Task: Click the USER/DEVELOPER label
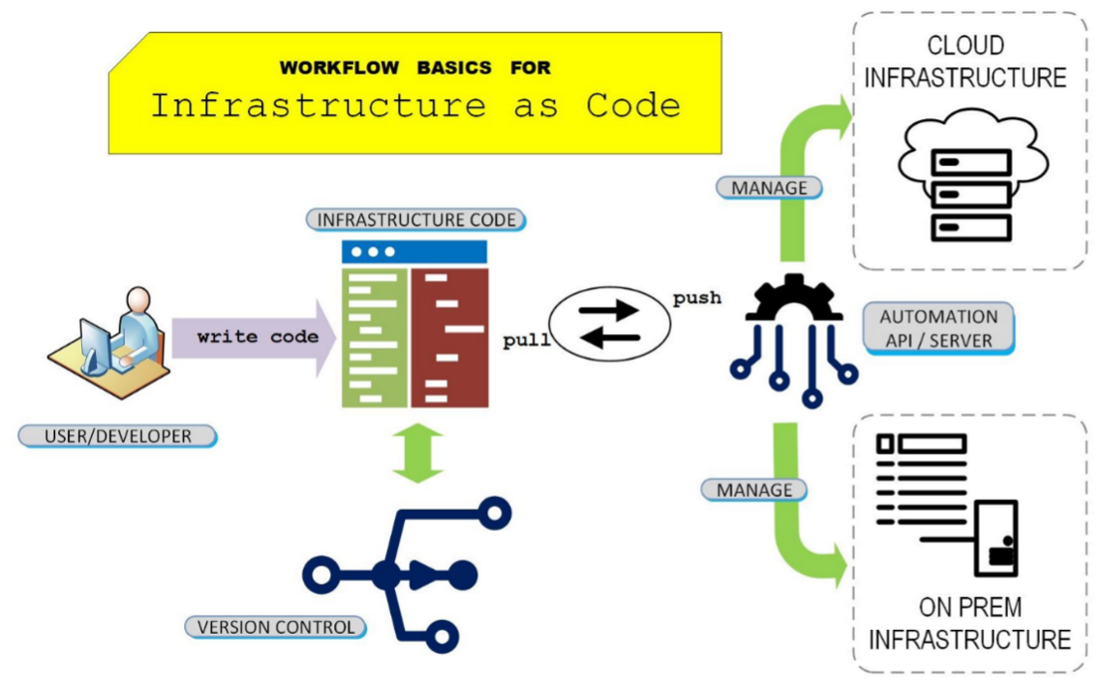point(117,436)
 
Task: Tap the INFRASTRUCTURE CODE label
point(416,220)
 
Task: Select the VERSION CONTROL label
point(276,627)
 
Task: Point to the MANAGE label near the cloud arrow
point(769,186)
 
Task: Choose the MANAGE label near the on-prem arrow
point(753,489)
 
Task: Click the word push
point(696,298)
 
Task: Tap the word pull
point(526,340)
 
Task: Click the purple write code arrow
point(254,337)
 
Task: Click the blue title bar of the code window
point(414,252)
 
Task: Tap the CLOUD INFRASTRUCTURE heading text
point(965,61)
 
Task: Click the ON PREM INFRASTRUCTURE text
point(969,623)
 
